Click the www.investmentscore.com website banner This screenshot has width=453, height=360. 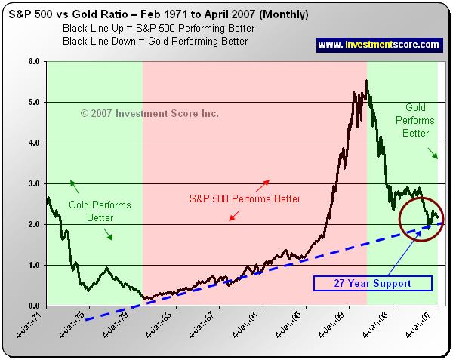[x=377, y=45]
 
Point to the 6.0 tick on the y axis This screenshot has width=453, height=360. [x=33, y=61]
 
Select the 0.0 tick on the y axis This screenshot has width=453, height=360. [x=33, y=306]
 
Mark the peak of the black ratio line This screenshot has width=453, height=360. [x=366, y=81]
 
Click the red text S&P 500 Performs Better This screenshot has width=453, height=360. [x=245, y=198]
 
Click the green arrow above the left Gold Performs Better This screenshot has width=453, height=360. [x=74, y=186]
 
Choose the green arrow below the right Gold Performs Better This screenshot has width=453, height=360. [x=434, y=154]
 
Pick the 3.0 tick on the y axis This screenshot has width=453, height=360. [x=33, y=183]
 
